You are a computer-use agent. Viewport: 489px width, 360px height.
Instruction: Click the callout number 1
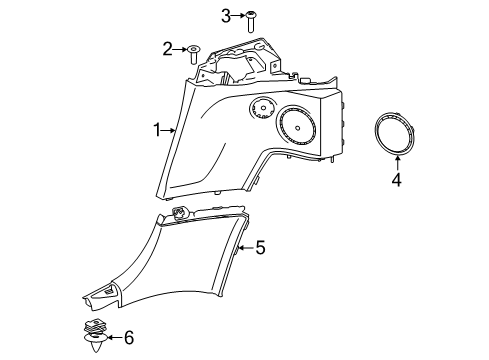tap(155, 129)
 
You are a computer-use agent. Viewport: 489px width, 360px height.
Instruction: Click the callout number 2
tap(167, 47)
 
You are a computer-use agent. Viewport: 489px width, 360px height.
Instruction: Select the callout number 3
tap(226, 15)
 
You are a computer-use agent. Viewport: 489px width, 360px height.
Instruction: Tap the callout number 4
tap(396, 181)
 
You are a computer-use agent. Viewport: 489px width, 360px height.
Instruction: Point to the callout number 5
tap(259, 246)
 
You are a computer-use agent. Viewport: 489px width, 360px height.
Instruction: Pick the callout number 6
tap(128, 339)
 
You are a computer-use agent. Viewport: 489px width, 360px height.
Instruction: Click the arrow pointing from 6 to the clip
tap(111, 339)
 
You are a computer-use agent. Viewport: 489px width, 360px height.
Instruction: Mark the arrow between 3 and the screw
tap(238, 16)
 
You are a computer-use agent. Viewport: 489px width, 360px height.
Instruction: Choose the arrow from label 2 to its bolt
tap(180, 48)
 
